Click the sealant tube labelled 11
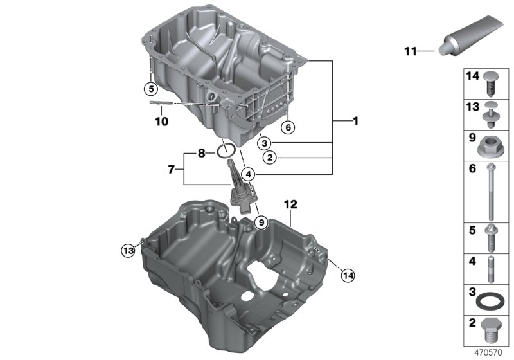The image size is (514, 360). click(x=470, y=35)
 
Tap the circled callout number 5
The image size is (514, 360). click(x=151, y=88)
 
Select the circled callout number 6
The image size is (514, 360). click(x=288, y=127)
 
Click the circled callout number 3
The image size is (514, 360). click(x=264, y=143)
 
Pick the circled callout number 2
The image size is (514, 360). click(x=270, y=157)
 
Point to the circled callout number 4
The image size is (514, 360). click(x=249, y=174)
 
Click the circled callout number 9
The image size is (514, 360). click(x=261, y=222)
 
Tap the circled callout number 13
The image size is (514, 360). click(x=128, y=251)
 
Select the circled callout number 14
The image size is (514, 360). click(x=348, y=275)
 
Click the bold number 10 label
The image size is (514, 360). click(x=161, y=122)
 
